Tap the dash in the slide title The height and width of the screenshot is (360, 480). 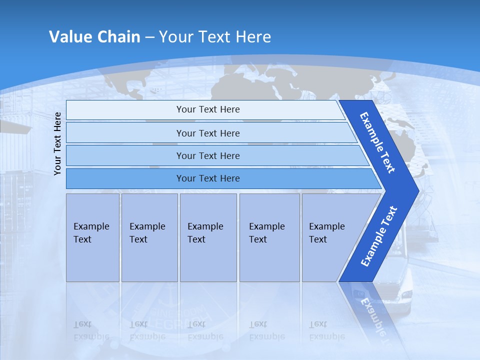[150, 37]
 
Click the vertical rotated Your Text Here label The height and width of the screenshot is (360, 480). [57, 143]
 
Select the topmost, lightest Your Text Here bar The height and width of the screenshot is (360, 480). [207, 109]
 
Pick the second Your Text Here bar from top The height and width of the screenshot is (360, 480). [207, 133]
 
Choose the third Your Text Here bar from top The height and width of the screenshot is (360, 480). [207, 155]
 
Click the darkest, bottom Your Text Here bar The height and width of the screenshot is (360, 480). [207, 178]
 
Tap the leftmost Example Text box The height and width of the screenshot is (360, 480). [92, 237]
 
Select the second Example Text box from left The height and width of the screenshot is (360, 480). [149, 237]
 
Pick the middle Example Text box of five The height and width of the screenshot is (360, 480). [208, 237]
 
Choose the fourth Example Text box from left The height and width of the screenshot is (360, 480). [269, 237]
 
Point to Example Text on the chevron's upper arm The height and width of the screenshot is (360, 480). [377, 142]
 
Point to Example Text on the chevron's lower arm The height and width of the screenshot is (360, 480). [378, 236]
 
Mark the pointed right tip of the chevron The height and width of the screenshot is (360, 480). [417, 190]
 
